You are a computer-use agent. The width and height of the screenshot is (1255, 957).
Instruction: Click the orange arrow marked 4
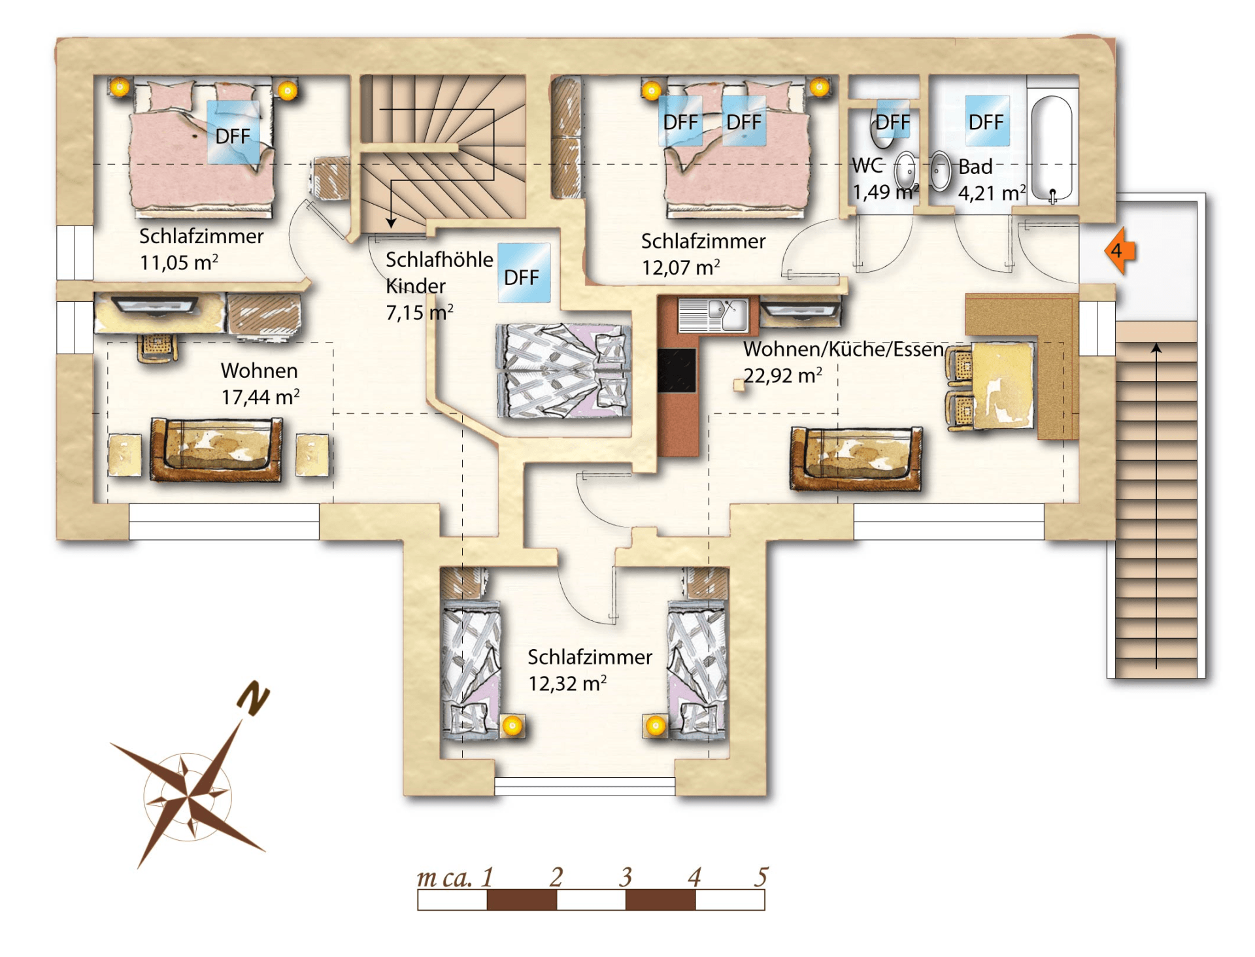[x=1119, y=250]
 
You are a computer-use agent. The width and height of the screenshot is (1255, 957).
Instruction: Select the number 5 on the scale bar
[x=761, y=877]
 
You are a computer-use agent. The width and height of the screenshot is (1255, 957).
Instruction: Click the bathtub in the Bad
[x=1051, y=148]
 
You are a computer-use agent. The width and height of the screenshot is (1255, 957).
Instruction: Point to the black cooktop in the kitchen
[x=677, y=370]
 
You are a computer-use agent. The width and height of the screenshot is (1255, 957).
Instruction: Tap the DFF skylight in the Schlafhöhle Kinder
[x=524, y=273]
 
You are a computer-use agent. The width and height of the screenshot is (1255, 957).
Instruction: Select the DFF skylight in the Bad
[x=987, y=121]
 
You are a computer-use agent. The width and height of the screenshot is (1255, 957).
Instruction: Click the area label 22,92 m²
[x=782, y=376]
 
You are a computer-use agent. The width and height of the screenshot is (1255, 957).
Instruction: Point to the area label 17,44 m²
[x=260, y=397]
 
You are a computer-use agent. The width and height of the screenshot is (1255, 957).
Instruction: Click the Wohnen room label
[x=259, y=371]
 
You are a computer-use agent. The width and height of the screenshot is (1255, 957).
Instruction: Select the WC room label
[x=867, y=166]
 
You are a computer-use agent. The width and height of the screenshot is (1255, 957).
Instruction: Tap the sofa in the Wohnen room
[x=216, y=450]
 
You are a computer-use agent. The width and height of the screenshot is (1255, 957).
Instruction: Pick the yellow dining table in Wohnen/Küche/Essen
[x=1002, y=386]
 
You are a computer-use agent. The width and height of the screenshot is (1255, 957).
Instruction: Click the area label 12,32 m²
[x=567, y=684]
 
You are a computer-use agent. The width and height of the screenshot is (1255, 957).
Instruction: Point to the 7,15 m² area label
[x=419, y=312]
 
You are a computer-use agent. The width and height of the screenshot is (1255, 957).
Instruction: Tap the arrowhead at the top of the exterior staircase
[x=1156, y=348]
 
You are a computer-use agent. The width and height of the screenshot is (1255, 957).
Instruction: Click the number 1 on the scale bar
[x=487, y=877]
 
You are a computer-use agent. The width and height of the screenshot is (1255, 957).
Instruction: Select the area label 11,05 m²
[x=178, y=263]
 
